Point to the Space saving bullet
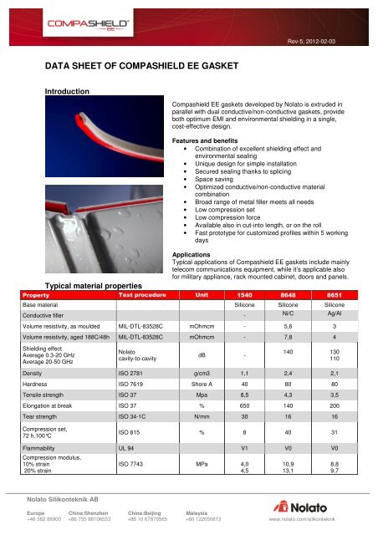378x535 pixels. tap(211, 179)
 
